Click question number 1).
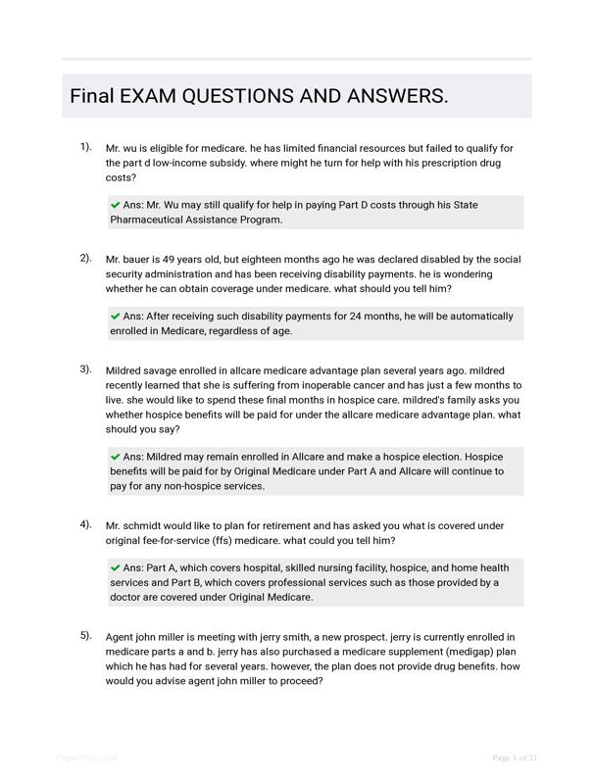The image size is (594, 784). click(86, 147)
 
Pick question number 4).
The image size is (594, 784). click(86, 524)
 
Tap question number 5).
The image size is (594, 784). click(86, 636)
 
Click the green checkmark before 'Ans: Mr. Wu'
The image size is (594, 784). click(116, 205)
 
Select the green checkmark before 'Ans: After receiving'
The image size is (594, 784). click(116, 317)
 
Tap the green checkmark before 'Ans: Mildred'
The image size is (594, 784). click(116, 457)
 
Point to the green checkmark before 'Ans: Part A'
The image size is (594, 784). click(116, 567)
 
